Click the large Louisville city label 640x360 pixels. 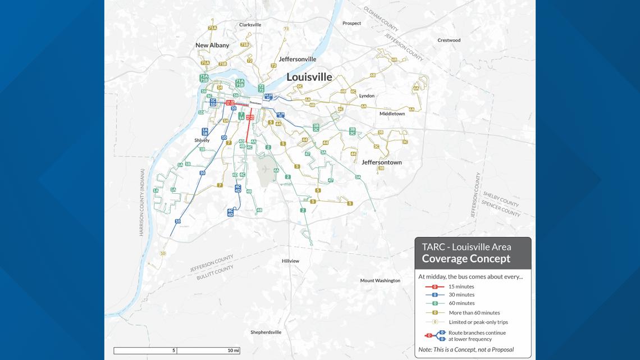[309, 77]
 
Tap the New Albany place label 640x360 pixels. [212, 45]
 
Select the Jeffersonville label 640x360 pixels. [298, 59]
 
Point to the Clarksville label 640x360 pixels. [250, 25]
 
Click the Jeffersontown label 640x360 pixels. [382, 162]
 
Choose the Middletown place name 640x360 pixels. [392, 114]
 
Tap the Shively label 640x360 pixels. [202, 140]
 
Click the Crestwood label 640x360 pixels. [449, 40]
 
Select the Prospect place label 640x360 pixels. [352, 24]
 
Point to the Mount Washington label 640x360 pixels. [380, 281]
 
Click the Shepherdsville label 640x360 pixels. [266, 332]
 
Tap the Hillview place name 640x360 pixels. [290, 261]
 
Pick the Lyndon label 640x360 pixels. [367, 96]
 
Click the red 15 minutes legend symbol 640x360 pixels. [435, 286]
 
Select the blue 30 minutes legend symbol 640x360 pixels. [435, 295]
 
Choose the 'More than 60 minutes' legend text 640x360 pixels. [474, 313]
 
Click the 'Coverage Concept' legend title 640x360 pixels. [466, 259]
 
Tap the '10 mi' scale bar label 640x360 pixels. [233, 350]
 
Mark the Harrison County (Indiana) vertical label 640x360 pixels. [143, 202]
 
